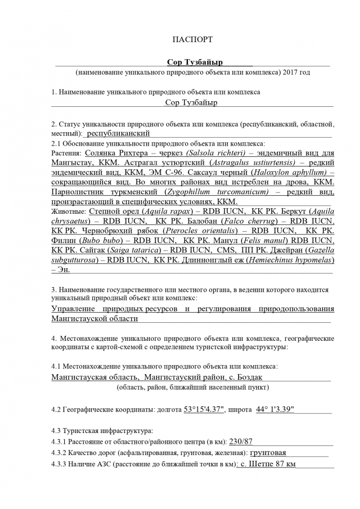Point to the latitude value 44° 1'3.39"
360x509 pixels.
(275, 409)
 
